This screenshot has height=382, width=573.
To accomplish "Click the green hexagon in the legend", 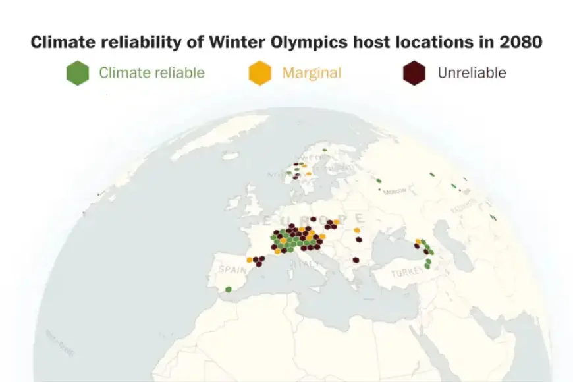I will [x=78, y=72].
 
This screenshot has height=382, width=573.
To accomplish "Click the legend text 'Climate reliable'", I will [x=151, y=72].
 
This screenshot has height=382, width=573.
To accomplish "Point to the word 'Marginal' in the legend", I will [x=312, y=72].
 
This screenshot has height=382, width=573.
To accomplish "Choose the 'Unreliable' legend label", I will [x=472, y=72].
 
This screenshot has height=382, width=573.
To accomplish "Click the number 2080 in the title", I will [x=520, y=42].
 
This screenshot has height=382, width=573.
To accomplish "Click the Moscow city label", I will [x=394, y=191].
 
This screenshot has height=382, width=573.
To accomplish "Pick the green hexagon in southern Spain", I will [x=228, y=289].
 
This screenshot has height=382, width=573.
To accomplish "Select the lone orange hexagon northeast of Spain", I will [x=250, y=260].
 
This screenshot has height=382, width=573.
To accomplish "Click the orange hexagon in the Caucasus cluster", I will [x=418, y=242].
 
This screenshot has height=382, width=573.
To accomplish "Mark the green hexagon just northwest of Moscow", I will [x=379, y=180].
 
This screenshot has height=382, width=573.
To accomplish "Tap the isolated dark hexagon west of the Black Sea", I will [x=356, y=260].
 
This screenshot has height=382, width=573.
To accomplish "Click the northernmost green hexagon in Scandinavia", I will [x=324, y=150].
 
